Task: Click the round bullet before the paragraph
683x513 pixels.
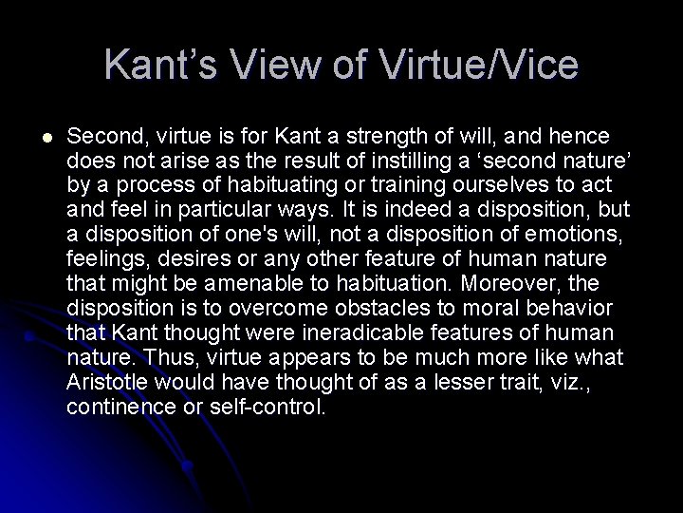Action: [x=35, y=139]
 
